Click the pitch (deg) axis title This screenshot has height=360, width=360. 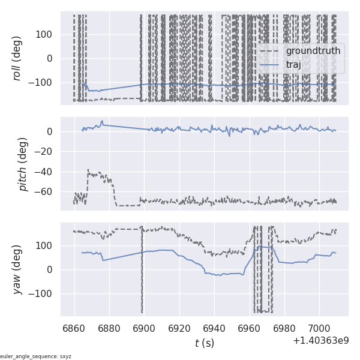tap(23, 164)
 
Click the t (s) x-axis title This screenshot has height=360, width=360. tap(204, 343)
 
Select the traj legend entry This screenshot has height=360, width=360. tap(293, 64)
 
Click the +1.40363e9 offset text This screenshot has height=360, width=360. tap(320, 341)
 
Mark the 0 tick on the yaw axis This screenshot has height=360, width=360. tap(50, 269)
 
